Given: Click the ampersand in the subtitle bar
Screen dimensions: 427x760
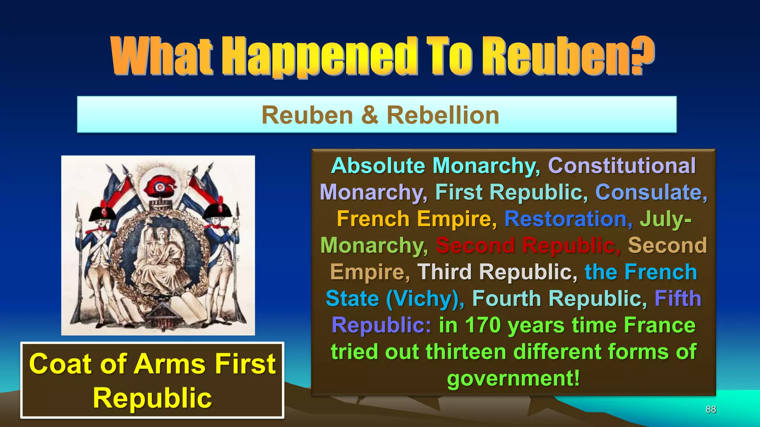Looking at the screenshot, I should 369,115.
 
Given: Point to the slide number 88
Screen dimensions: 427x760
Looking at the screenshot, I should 711,409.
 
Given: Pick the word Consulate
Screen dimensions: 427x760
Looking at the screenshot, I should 651,192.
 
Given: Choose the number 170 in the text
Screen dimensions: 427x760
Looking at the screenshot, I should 482,325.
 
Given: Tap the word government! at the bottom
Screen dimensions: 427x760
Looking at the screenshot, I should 513,378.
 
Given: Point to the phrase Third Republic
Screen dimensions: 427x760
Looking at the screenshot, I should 497,272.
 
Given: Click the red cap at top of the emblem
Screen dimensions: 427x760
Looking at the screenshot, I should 160,187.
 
